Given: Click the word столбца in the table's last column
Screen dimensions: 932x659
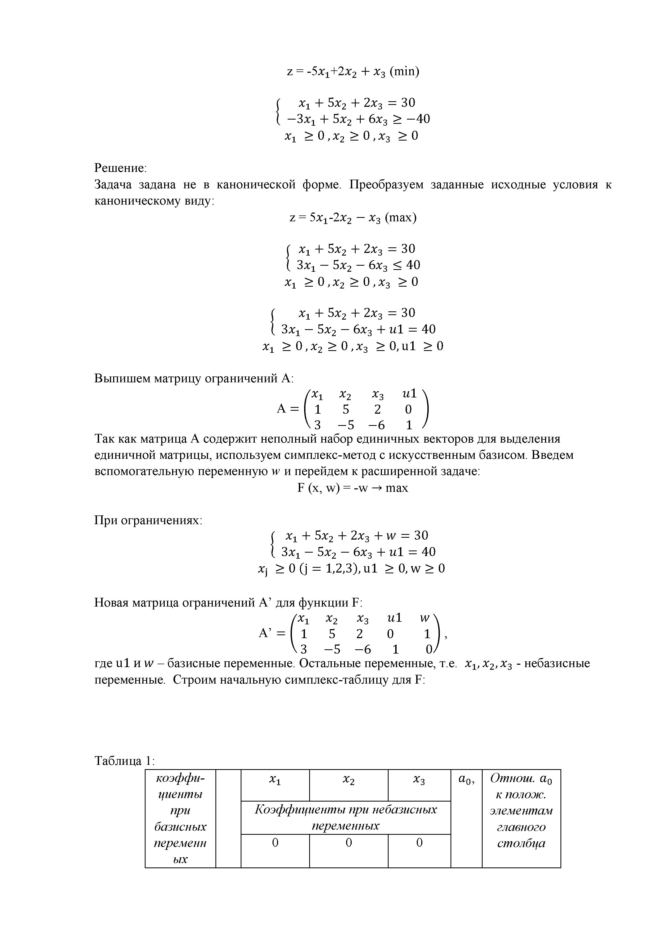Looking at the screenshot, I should [521, 843].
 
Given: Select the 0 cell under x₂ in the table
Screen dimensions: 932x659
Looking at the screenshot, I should [348, 843].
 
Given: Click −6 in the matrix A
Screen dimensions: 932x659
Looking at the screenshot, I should [376, 425].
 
